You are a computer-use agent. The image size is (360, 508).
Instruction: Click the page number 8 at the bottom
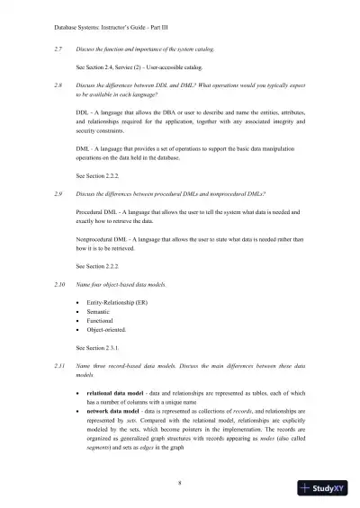pos(180,483)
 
